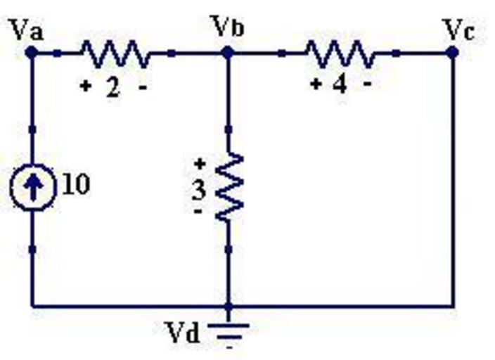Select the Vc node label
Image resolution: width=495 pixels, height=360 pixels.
tap(458, 29)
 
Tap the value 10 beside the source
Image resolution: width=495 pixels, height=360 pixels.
tap(76, 185)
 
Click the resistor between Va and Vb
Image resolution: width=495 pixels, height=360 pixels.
tap(115, 52)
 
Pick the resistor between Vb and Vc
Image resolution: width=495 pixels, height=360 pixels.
tap(339, 52)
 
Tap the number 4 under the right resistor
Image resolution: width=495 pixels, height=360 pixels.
tap(340, 85)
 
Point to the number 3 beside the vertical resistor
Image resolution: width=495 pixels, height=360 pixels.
tap(200, 189)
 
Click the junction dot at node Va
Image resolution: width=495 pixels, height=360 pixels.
tap(32, 52)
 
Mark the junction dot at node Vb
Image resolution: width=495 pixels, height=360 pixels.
tap(228, 52)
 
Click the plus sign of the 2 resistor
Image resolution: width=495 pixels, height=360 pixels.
tap(86, 87)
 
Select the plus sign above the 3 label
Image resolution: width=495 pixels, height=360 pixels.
tap(200, 164)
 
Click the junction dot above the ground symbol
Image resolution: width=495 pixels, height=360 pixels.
tap(228, 307)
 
